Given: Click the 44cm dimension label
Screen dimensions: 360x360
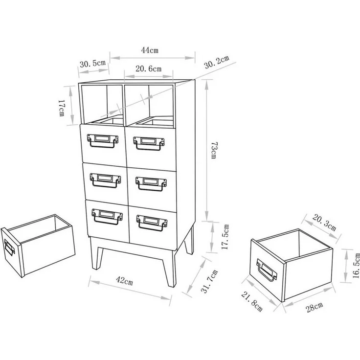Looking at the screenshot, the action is [x=150, y=50].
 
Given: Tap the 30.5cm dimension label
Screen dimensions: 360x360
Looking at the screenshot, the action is [x=92, y=64].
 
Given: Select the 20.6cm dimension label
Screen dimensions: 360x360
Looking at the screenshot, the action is [x=148, y=68].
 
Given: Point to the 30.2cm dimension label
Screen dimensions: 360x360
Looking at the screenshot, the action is [x=217, y=62].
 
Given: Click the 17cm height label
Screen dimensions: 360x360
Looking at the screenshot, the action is [x=62, y=108].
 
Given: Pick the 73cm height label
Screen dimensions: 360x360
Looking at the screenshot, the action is [x=214, y=150].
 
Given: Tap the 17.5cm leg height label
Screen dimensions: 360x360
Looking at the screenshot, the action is [x=225, y=237].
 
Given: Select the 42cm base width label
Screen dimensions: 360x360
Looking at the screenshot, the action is [x=124, y=281].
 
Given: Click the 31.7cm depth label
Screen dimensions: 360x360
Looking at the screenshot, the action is [x=209, y=281].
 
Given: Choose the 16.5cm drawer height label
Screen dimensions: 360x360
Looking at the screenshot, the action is [x=356, y=266].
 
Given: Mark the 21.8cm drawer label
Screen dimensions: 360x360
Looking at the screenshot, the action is [x=251, y=301].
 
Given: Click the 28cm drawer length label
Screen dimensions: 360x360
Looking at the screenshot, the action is [x=315, y=307].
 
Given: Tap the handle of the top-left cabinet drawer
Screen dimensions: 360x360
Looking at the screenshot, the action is [x=103, y=140].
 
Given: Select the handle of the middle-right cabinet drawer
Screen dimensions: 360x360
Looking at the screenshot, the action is [x=151, y=184].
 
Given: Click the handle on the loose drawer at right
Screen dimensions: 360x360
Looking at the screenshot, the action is [x=267, y=270].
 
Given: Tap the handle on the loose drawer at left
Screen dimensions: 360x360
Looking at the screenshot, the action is [x=9, y=248].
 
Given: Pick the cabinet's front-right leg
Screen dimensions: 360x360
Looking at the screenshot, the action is [x=170, y=269].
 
